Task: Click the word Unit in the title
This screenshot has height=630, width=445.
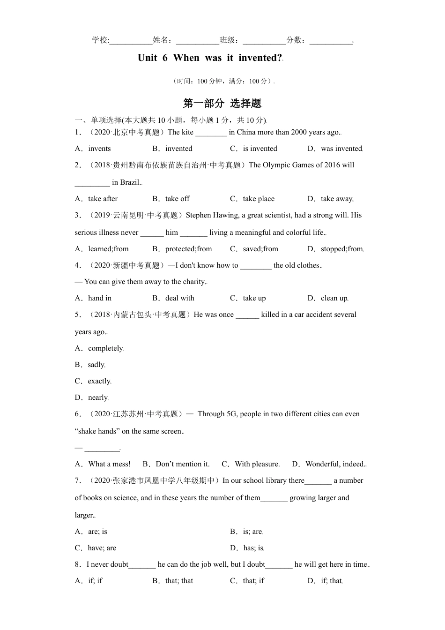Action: tap(147, 58)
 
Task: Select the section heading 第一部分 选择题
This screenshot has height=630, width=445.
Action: tap(222, 103)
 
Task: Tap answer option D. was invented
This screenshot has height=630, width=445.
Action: tap(335, 149)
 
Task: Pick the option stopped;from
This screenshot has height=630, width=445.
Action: tap(335, 249)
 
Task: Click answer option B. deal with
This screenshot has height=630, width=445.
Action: tap(173, 298)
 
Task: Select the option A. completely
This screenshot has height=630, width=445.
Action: tap(99, 348)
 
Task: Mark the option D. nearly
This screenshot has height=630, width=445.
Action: tap(92, 397)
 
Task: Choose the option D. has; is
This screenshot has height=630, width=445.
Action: tap(247, 548)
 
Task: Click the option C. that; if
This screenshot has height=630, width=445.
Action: tap(247, 581)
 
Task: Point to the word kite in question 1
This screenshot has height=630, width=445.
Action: tap(187, 132)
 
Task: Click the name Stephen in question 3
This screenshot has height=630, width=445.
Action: tap(199, 215)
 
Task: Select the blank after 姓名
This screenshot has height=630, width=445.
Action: tap(197, 40)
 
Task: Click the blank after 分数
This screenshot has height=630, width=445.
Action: tap(331, 40)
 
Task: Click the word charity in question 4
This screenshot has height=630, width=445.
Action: tap(194, 282)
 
